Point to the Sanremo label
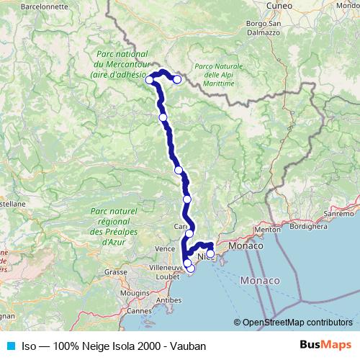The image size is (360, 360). pos(340,214)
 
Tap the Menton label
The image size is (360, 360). pos(267,230)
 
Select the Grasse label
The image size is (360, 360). pos(115,272)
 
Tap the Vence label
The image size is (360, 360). pos(165,249)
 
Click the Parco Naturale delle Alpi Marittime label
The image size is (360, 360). pos(218,75)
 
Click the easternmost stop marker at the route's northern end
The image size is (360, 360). pos(176,79)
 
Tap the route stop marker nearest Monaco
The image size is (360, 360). pos(210,253)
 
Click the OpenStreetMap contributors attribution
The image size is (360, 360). pos(296,323)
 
